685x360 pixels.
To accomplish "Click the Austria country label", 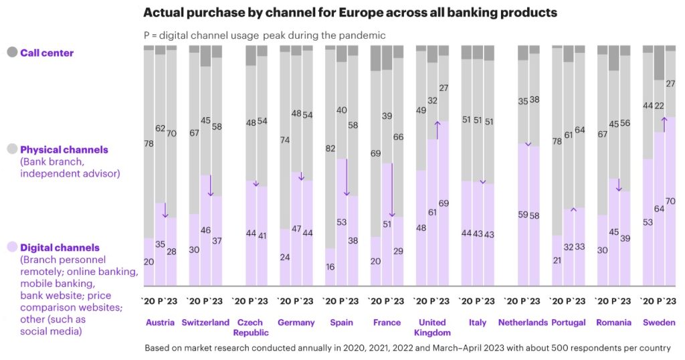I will [161, 323].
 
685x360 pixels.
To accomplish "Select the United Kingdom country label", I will [433, 327].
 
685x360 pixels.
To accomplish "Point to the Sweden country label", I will [659, 323].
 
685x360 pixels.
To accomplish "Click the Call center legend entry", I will [47, 52].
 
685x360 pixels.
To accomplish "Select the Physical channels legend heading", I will [64, 150].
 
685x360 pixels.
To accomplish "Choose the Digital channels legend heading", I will [60, 248].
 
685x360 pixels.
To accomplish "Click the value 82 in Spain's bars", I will [330, 148].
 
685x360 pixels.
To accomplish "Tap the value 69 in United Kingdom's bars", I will [443, 203].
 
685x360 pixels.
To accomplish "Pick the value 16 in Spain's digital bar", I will [330, 266].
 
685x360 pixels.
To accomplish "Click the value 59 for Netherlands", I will [523, 215].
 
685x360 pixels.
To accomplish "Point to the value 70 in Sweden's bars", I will [670, 201].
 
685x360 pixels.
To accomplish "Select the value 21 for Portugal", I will [557, 260].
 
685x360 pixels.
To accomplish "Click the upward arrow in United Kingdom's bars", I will [437, 129].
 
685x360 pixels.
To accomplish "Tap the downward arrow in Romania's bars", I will [619, 185].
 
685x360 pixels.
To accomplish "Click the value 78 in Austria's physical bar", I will [149, 143].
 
